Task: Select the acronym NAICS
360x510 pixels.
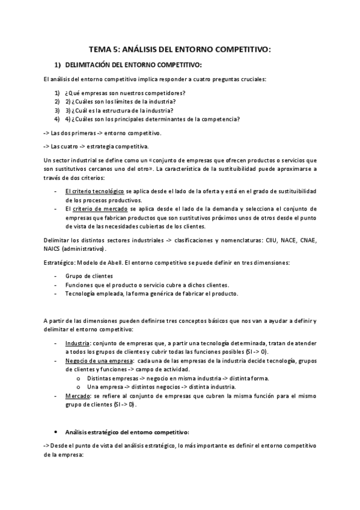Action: pyautogui.click(x=53, y=248)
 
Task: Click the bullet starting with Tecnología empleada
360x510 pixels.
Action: pyautogui.click(x=151, y=293)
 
